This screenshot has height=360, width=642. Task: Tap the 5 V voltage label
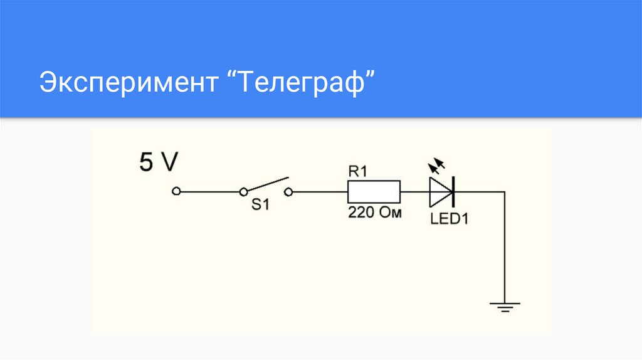158,162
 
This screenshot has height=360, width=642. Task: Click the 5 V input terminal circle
176,191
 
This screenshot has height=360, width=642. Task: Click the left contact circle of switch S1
243,191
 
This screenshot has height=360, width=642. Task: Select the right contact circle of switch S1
288,191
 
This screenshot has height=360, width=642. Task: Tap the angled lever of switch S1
266,184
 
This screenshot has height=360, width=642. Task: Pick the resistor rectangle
374,191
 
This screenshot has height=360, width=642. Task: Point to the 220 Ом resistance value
374,213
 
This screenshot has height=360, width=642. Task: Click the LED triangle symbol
439,191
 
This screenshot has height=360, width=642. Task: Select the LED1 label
449,219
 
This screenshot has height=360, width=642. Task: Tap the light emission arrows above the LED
436,166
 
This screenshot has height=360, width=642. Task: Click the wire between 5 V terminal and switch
209,191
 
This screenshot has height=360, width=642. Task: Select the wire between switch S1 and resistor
320,191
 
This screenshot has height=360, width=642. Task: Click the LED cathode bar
453,191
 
